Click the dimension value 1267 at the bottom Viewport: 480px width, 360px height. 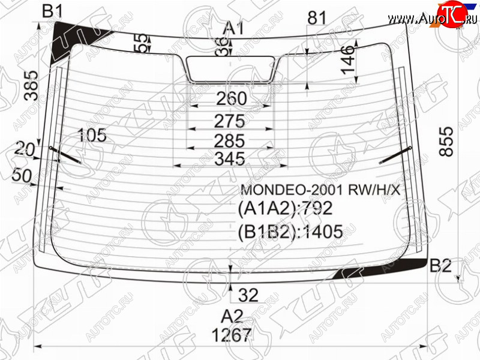[x=232, y=335]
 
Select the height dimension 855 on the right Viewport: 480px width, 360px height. [x=446, y=142]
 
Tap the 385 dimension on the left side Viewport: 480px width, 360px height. [x=31, y=86]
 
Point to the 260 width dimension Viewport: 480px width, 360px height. [x=232, y=98]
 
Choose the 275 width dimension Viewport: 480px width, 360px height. [x=230, y=121]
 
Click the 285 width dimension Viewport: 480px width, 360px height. [x=230, y=141]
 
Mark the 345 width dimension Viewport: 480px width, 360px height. [x=230, y=159]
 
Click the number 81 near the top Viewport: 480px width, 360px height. [x=317, y=17]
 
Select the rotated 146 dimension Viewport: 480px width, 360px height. [x=348, y=59]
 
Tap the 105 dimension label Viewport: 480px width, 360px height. [x=92, y=135]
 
